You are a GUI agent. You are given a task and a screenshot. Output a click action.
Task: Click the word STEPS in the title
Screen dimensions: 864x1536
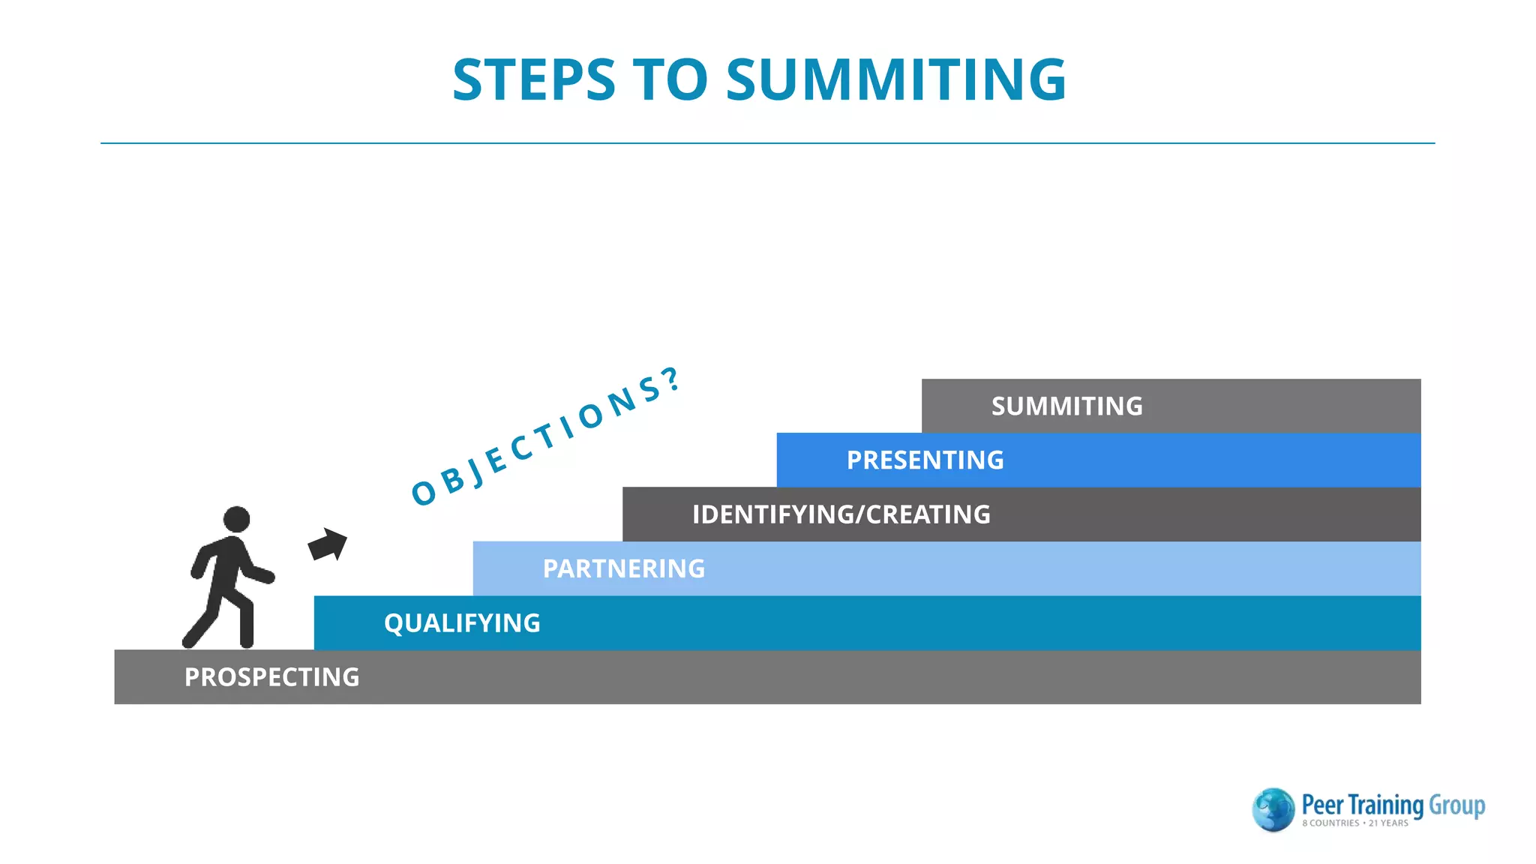(534, 80)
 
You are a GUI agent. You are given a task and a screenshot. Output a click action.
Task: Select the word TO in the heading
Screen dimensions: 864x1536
(670, 80)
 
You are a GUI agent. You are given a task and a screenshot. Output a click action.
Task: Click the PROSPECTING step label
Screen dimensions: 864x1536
(271, 677)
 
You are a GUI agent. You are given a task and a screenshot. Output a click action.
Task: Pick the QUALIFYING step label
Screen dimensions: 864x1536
(462, 623)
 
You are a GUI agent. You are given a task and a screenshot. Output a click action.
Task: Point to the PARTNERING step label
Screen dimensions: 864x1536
(623, 568)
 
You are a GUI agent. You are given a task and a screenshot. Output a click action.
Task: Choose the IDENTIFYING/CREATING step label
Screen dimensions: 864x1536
(841, 514)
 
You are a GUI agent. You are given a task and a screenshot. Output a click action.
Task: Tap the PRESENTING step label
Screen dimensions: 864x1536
(925, 460)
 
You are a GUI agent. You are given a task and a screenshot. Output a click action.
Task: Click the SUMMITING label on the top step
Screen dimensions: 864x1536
(1066, 406)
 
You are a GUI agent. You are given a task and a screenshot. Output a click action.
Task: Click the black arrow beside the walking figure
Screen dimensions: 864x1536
(328, 544)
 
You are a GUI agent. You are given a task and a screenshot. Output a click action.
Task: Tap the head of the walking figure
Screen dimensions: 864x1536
(236, 519)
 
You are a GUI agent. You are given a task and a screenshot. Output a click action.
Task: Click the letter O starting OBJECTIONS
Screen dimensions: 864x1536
(424, 493)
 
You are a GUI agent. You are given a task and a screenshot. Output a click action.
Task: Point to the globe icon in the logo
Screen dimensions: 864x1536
(1273, 809)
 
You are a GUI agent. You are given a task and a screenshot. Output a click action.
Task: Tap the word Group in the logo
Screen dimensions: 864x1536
(1456, 805)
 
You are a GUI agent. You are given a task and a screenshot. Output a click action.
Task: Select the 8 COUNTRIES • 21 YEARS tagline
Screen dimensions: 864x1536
(1354, 823)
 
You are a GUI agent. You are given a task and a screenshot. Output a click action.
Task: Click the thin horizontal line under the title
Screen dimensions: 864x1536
(767, 143)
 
